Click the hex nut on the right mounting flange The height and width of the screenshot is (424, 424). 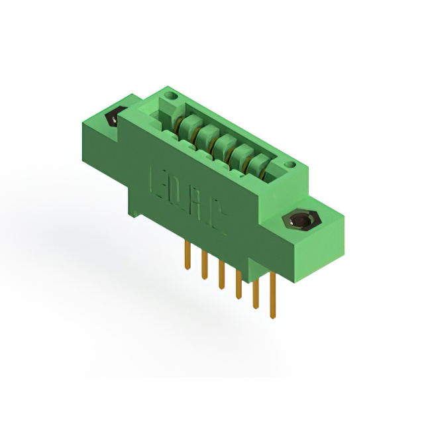tap(300, 221)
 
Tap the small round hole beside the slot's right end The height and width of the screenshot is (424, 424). tap(288, 163)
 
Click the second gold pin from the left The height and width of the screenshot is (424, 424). tap(205, 263)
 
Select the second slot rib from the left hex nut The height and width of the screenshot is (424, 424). tap(207, 132)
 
